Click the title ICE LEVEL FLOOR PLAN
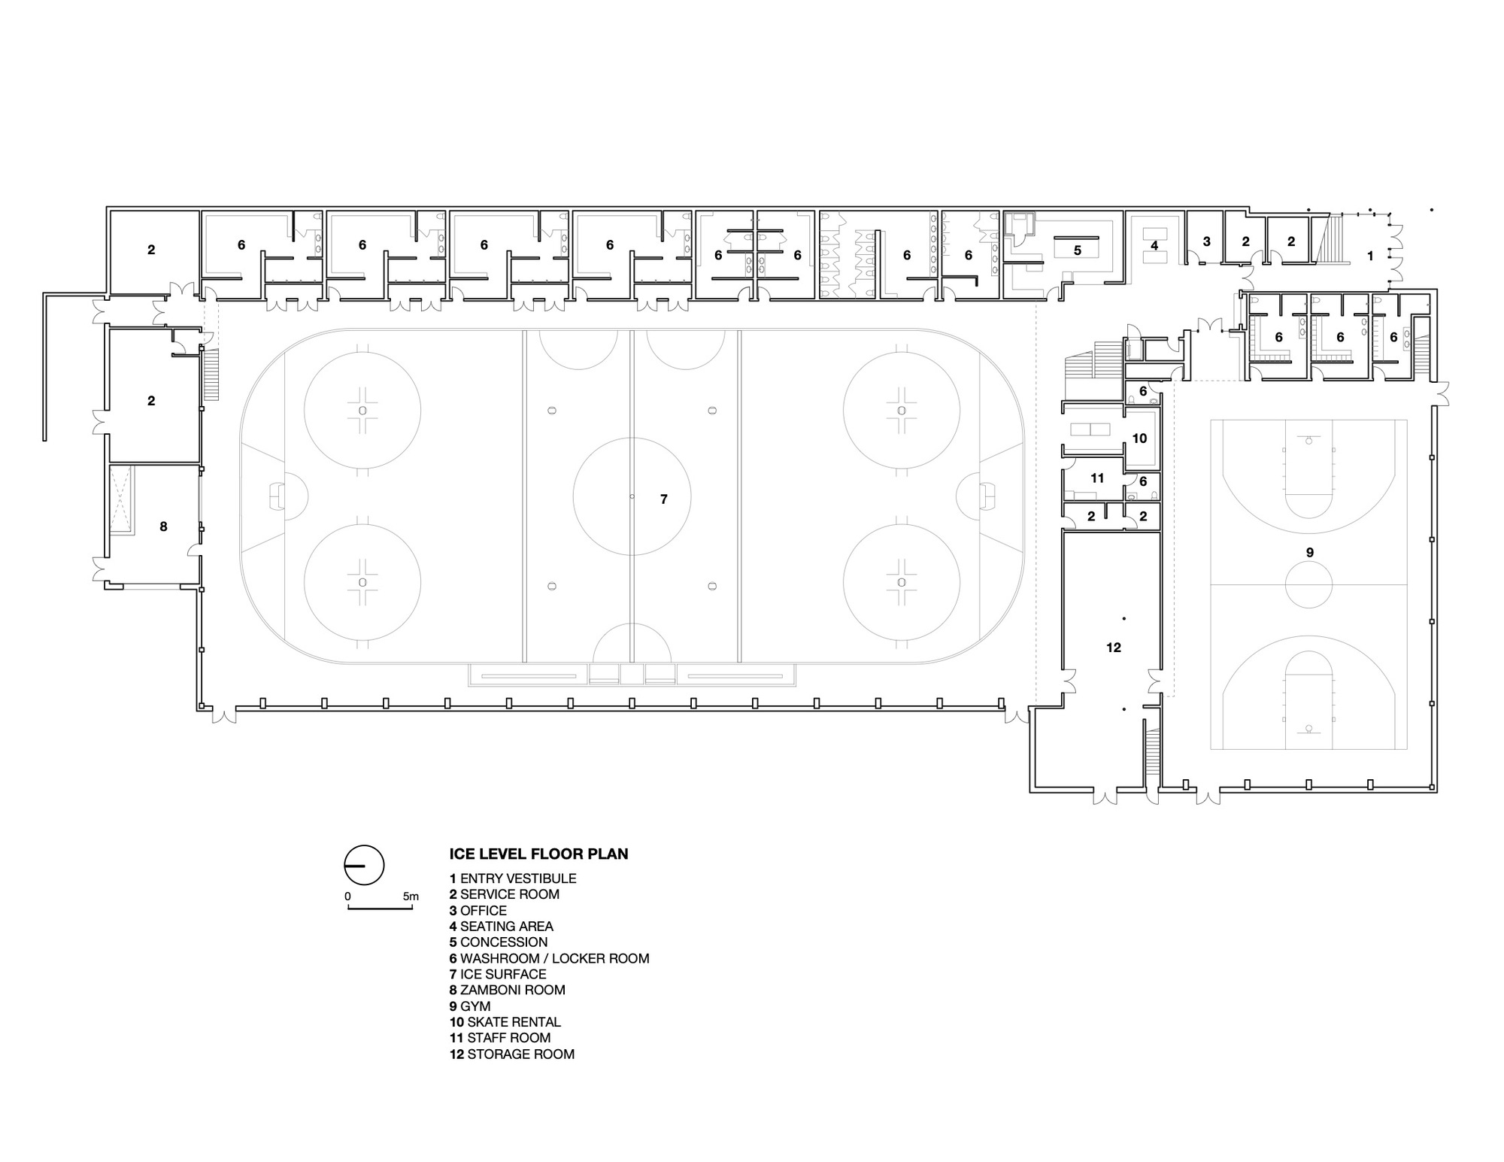pyautogui.click(x=538, y=854)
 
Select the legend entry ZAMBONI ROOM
pyautogui.click(x=507, y=990)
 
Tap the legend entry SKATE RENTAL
pyautogui.click(x=505, y=1022)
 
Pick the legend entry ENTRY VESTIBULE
pyautogui.click(x=513, y=878)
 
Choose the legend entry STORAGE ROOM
pyautogui.click(x=512, y=1054)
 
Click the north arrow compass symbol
pyautogui.click(x=364, y=865)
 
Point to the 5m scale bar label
pyautogui.click(x=411, y=897)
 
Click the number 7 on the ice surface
pyautogui.click(x=663, y=499)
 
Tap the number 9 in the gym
pyautogui.click(x=1309, y=552)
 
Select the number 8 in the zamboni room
pyautogui.click(x=163, y=526)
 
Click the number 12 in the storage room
pyautogui.click(x=1114, y=647)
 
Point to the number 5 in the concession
pyautogui.click(x=1077, y=250)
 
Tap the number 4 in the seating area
pyautogui.click(x=1154, y=245)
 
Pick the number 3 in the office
pyautogui.click(x=1206, y=241)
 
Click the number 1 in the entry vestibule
pyautogui.click(x=1369, y=256)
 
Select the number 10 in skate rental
pyautogui.click(x=1139, y=438)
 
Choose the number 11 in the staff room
pyautogui.click(x=1097, y=478)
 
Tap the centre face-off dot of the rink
pyautogui.click(x=632, y=496)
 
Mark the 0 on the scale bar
pyautogui.click(x=347, y=897)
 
